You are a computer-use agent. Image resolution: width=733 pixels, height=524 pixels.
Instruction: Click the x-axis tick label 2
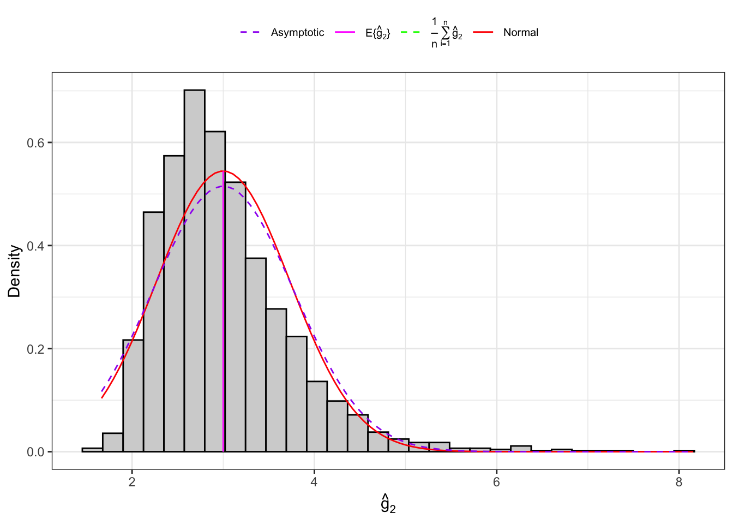coord(132,483)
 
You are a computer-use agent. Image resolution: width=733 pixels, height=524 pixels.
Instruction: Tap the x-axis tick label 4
coord(314,483)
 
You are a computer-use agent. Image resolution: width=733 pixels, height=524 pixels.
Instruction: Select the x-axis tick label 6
coord(496,483)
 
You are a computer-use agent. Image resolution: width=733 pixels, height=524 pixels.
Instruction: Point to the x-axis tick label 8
coord(678,483)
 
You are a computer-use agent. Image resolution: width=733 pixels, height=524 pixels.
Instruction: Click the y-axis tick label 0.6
coord(35,143)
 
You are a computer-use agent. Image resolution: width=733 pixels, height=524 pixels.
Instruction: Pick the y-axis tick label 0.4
coord(35,246)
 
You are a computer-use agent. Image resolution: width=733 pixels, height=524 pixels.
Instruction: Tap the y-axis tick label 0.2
coord(35,349)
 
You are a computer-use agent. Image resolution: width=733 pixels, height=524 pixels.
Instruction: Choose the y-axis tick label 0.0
coord(35,452)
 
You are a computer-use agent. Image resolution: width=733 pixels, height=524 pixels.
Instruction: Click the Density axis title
coord(15,271)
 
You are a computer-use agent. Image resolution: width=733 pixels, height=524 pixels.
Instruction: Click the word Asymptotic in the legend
coord(297,33)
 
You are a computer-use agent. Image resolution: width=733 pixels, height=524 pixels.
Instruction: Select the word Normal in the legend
coord(520,33)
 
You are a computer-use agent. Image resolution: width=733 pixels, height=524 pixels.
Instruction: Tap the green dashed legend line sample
coord(410,33)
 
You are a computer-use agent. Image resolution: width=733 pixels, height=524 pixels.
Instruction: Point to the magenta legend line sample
coord(345,33)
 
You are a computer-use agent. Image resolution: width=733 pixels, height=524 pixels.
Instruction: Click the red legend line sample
coord(483,33)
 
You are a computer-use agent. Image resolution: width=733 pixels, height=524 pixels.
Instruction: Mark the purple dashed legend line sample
coord(250,33)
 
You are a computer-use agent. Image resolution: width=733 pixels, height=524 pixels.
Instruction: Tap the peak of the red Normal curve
coord(224,171)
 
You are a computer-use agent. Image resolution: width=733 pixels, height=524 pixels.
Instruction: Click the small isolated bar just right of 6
coord(521,449)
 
